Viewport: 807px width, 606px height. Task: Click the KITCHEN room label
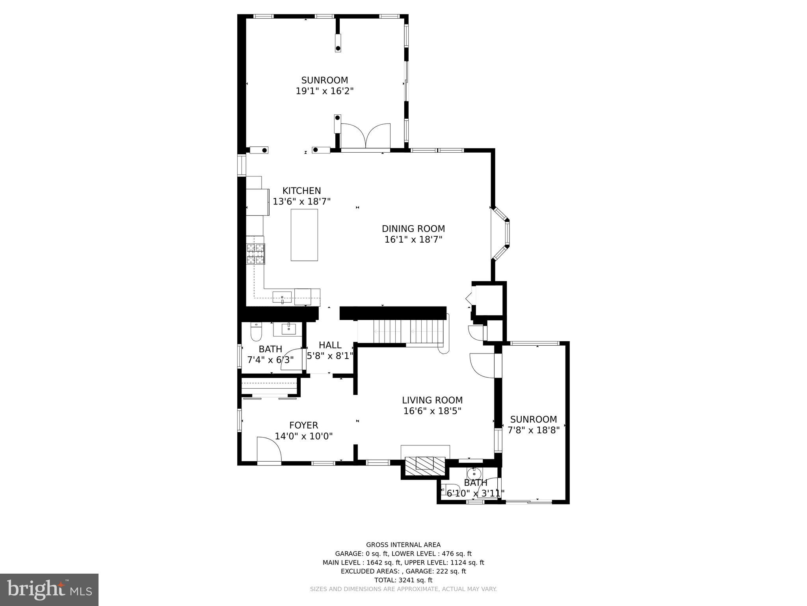pyautogui.click(x=301, y=191)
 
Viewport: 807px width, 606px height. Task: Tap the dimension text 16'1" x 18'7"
pyautogui.click(x=413, y=239)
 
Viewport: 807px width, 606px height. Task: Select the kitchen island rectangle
pyautogui.click(x=304, y=235)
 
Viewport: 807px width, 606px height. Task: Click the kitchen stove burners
pyautogui.click(x=256, y=254)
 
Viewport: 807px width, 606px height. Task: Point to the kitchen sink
pyautogui.click(x=282, y=297)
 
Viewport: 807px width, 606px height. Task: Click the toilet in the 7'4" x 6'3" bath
pyautogui.click(x=256, y=332)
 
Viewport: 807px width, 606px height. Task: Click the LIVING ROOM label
pyautogui.click(x=432, y=400)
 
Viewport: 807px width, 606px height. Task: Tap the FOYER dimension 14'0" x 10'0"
pyautogui.click(x=303, y=436)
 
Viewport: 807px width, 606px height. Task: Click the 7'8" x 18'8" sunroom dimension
pyautogui.click(x=534, y=430)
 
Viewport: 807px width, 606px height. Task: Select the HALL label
pyautogui.click(x=330, y=345)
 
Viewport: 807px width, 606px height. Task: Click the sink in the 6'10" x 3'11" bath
pyautogui.click(x=474, y=473)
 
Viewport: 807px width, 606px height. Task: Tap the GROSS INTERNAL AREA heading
pyautogui.click(x=403, y=545)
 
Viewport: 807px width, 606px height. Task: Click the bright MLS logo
pyautogui.click(x=49, y=589)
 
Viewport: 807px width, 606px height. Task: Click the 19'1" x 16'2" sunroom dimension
pyautogui.click(x=325, y=91)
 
